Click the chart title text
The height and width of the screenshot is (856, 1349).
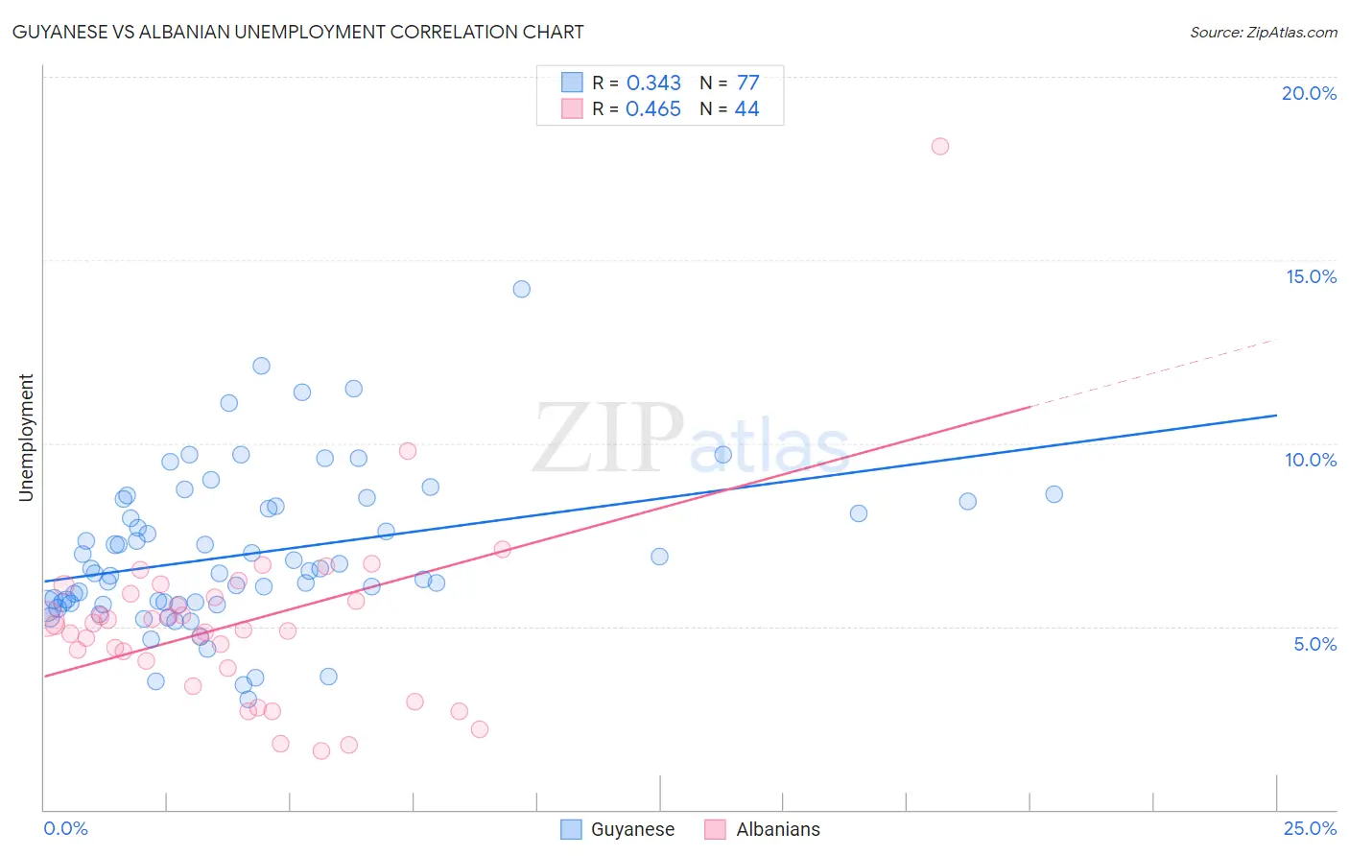click(x=297, y=32)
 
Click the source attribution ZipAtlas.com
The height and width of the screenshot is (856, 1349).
click(x=1263, y=33)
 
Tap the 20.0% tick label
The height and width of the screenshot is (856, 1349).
click(x=1309, y=93)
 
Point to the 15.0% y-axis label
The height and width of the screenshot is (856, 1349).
click(x=1311, y=276)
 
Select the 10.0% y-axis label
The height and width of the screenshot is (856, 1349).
click(x=1311, y=460)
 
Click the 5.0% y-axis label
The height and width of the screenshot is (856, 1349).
click(x=1314, y=644)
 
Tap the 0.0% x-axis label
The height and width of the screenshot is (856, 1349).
click(x=65, y=828)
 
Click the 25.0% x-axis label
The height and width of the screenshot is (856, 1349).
click(x=1310, y=828)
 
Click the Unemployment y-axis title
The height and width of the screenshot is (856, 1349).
click(x=26, y=438)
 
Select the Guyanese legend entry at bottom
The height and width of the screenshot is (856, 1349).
click(x=632, y=829)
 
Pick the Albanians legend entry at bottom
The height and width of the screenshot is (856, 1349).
click(x=777, y=829)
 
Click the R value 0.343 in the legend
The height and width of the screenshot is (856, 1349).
click(x=653, y=83)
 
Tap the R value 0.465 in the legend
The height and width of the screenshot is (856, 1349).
click(x=653, y=109)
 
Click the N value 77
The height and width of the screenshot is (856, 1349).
click(x=747, y=83)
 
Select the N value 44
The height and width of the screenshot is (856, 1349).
click(x=746, y=109)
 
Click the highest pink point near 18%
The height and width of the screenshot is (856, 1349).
click(x=940, y=146)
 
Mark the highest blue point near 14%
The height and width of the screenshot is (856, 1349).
click(x=522, y=289)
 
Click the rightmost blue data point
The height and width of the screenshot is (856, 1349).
click(x=1053, y=494)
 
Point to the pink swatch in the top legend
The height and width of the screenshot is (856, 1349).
click(x=572, y=108)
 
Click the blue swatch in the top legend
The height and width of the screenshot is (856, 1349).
click(x=572, y=83)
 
